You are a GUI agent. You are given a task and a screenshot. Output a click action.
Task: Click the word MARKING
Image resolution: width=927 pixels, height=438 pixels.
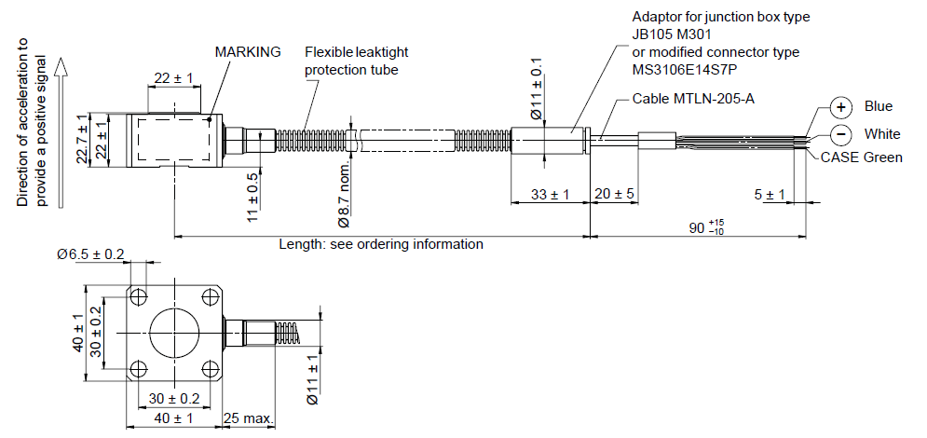pos(248,52)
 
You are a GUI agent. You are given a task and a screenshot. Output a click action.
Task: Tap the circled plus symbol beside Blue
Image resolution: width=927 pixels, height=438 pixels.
pos(840,107)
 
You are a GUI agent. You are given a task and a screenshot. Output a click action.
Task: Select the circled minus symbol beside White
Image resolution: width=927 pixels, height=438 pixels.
pos(840,134)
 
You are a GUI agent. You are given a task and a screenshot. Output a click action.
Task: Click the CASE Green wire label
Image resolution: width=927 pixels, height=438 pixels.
pos(862,157)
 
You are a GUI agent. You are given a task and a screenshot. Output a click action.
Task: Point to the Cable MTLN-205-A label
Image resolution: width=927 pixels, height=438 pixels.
pos(693,98)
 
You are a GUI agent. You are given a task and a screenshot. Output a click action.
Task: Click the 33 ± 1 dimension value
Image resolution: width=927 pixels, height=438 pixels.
pos(550,195)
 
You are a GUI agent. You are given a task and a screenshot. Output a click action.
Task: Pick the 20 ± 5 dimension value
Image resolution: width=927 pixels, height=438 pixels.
pos(615,195)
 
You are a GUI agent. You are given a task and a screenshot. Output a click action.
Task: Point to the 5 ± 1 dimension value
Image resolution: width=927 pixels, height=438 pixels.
pos(770,195)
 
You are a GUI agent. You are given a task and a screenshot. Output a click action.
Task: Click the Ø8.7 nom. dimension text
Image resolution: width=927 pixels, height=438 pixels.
pos(345,193)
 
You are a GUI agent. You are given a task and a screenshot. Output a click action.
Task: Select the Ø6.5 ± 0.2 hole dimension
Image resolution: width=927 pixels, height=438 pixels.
pos(90,254)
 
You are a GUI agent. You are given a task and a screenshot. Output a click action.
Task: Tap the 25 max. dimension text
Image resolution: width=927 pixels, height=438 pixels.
pos(249,418)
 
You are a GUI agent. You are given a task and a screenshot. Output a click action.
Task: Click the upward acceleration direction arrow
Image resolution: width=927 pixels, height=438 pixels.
pos(61,131)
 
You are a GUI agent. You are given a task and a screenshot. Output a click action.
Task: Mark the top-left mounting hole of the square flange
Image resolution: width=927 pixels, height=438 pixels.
pos(138,296)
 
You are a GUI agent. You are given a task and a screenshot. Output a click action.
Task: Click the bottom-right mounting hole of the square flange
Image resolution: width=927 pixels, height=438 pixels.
pos(211,369)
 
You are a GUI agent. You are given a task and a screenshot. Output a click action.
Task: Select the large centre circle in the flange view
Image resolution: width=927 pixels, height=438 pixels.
pos(174,332)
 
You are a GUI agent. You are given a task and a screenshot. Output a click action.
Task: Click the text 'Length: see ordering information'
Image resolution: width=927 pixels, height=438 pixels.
pos(381,244)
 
